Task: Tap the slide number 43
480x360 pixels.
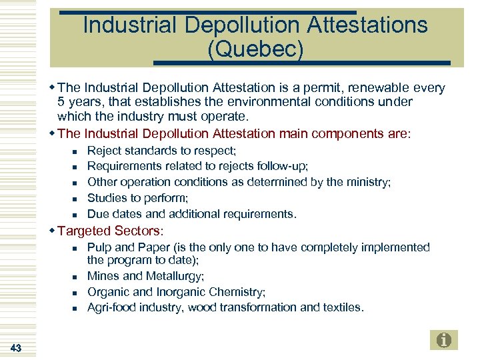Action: [17, 347]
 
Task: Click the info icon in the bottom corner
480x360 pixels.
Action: [444, 340]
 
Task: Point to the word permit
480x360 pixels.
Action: [329, 88]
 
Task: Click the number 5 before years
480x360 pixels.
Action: [61, 102]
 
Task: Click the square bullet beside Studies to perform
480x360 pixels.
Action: [75, 199]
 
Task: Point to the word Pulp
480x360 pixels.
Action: [99, 247]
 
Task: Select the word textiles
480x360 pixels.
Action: [342, 307]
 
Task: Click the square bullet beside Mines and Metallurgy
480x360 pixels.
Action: [75, 277]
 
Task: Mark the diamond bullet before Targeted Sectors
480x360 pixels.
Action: [53, 231]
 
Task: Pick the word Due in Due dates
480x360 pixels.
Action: [98, 214]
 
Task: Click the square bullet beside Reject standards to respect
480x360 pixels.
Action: [75, 151]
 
